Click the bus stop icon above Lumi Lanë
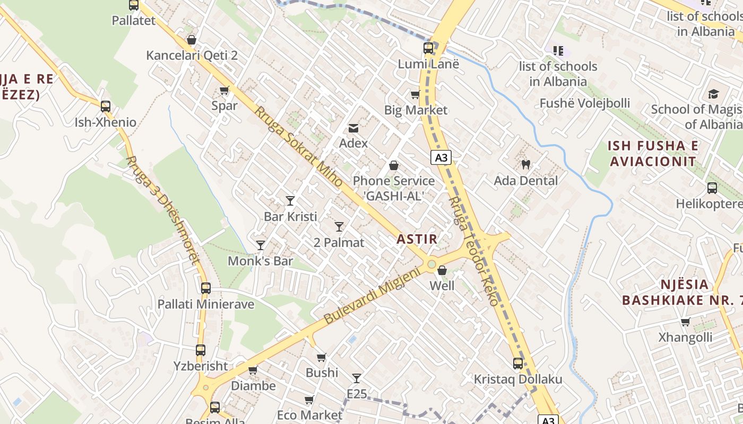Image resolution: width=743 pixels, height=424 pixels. pyautogui.click(x=428, y=48)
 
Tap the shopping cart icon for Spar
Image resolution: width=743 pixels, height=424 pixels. pyautogui.click(x=224, y=91)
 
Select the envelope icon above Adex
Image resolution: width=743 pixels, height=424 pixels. pyautogui.click(x=353, y=128)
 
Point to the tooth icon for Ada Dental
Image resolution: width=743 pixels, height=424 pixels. pyautogui.click(x=526, y=165)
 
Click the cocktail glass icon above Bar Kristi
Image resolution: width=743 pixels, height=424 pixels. pyautogui.click(x=290, y=200)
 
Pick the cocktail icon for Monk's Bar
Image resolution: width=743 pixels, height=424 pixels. pyautogui.click(x=261, y=245)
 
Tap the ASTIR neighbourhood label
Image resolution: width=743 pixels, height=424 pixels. pyautogui.click(x=417, y=239)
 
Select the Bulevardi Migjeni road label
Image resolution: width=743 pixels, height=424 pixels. pyautogui.click(x=371, y=295)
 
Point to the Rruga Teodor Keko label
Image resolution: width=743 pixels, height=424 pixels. pyautogui.click(x=473, y=251)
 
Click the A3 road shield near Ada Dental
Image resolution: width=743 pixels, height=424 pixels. pyautogui.click(x=441, y=157)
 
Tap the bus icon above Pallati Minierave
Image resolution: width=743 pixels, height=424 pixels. pyautogui.click(x=205, y=288)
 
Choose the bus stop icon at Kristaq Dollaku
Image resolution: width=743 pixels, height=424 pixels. pyautogui.click(x=518, y=364)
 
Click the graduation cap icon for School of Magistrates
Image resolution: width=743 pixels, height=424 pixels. pyautogui.click(x=713, y=94)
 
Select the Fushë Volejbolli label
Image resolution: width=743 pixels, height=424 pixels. pyautogui.click(x=585, y=103)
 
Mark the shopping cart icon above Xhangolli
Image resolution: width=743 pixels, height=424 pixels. pyautogui.click(x=685, y=322)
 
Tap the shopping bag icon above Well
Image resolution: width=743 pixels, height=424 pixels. pyautogui.click(x=442, y=271)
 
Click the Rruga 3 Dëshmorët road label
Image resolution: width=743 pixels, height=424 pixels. pyautogui.click(x=164, y=209)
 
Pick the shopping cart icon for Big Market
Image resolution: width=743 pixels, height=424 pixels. pyautogui.click(x=415, y=95)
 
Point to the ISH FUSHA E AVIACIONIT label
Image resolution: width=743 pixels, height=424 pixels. pyautogui.click(x=653, y=153)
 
